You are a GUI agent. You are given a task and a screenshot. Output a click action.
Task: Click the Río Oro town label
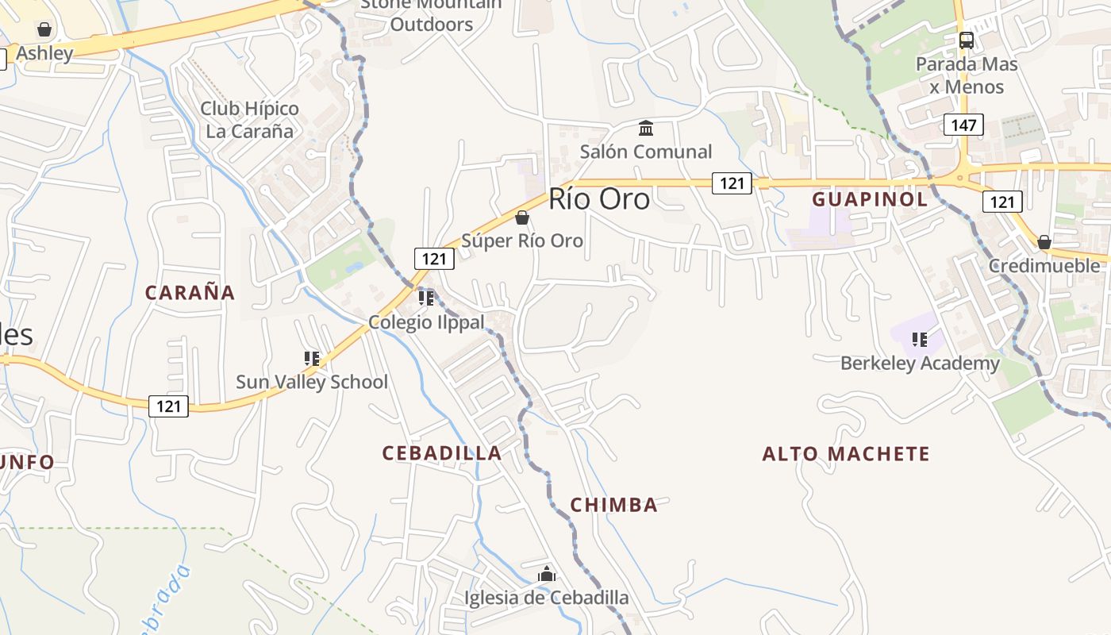point(599,199)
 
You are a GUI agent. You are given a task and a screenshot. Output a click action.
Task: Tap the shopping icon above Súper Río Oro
point(522,217)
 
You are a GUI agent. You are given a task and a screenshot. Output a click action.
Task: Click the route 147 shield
point(964,125)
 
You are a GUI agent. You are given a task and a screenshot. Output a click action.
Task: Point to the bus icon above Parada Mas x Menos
point(966,40)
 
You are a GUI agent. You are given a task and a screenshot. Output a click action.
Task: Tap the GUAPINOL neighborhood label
point(870,199)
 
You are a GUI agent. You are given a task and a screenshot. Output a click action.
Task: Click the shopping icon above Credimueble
point(1044,242)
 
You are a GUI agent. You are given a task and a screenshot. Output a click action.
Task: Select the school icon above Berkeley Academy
point(920,340)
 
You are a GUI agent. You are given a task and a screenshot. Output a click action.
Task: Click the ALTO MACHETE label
point(846,454)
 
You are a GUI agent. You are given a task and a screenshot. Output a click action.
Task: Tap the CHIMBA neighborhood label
point(614,505)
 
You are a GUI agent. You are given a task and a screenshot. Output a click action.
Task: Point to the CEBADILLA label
point(442,453)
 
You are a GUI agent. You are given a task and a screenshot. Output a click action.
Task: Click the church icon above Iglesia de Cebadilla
point(547,574)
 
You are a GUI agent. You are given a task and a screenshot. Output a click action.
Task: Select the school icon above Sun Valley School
point(312,359)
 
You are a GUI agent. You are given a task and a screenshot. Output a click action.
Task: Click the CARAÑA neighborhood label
point(190,292)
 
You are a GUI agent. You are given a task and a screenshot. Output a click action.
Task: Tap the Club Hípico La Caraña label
point(249,120)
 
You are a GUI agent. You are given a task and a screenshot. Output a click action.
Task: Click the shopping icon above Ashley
point(44,29)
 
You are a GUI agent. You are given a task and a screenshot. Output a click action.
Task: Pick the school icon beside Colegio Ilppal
point(426,298)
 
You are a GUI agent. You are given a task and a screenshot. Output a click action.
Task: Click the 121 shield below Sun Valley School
point(168,406)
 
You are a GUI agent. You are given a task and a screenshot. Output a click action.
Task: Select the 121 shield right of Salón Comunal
point(731,183)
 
